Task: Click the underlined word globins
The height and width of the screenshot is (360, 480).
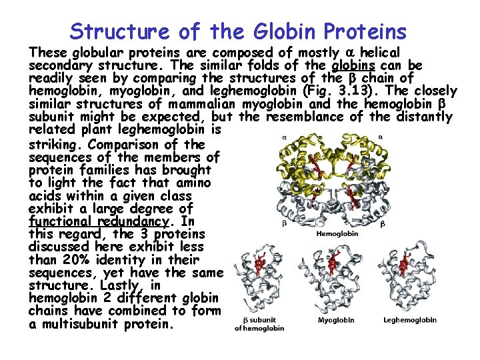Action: click(x=355, y=66)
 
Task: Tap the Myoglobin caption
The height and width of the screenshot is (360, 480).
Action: click(x=335, y=320)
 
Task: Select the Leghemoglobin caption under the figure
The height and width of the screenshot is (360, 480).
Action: click(x=410, y=320)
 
